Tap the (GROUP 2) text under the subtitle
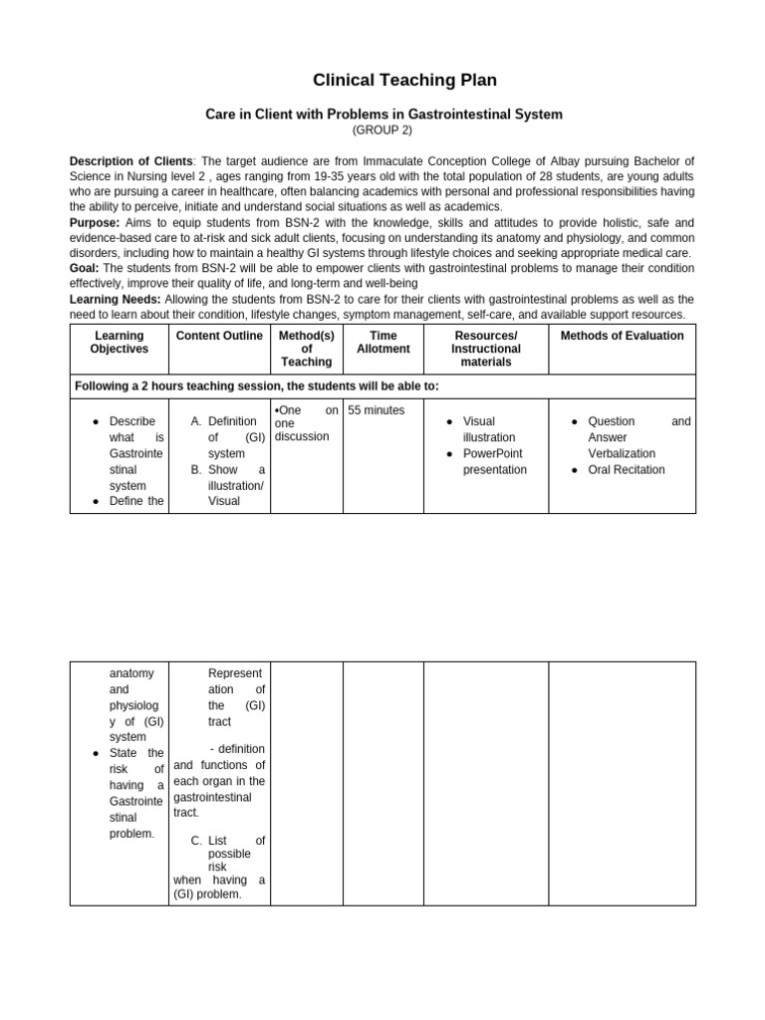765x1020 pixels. (x=383, y=130)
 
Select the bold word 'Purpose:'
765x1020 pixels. (x=95, y=223)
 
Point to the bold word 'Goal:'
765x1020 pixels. (x=85, y=268)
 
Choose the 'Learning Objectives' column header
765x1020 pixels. (x=119, y=343)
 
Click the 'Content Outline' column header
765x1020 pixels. (x=219, y=336)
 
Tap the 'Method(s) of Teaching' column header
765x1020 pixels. (x=306, y=349)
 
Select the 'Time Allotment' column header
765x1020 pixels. (x=382, y=343)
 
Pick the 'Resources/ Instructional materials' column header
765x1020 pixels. (x=485, y=349)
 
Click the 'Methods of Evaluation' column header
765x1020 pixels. (x=622, y=336)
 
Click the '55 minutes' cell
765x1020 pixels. (x=377, y=410)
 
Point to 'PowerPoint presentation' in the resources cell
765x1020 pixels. (x=495, y=461)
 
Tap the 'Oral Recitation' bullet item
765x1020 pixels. (x=626, y=469)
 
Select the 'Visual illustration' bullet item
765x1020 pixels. (x=488, y=429)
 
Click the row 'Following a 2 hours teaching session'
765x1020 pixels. (x=257, y=385)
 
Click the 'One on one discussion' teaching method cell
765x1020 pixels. (x=306, y=423)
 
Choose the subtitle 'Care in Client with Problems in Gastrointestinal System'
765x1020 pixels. (x=383, y=115)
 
